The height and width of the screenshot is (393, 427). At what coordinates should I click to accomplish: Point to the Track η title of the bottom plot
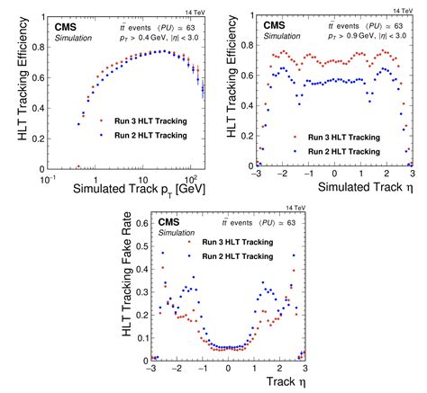pyautogui.click(x=282, y=383)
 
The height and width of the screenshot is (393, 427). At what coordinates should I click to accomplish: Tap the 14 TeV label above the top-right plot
pyautogui.click(x=403, y=7)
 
